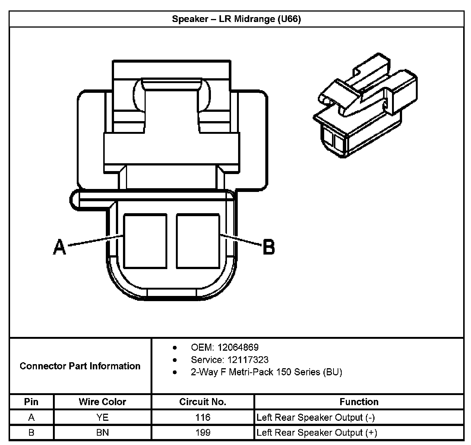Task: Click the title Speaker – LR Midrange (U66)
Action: [x=236, y=19]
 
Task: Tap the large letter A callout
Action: [x=59, y=247]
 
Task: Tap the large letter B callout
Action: [x=268, y=247]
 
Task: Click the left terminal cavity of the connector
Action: [x=145, y=241]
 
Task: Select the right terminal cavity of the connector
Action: [x=198, y=241]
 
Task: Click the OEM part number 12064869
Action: [x=238, y=347]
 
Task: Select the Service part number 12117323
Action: [x=243, y=360]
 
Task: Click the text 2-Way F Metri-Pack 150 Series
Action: [x=266, y=372]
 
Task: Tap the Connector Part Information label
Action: [x=80, y=366]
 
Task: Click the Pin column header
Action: [x=31, y=402]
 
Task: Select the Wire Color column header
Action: [x=102, y=402]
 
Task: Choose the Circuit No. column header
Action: [x=203, y=402]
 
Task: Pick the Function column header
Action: [x=359, y=402]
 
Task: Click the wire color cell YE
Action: [x=102, y=417]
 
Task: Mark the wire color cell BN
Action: [x=102, y=433]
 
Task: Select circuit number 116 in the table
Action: [x=203, y=417]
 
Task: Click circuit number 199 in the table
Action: [x=203, y=433]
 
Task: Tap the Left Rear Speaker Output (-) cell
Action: [x=316, y=417]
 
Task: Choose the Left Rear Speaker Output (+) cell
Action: [x=317, y=433]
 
